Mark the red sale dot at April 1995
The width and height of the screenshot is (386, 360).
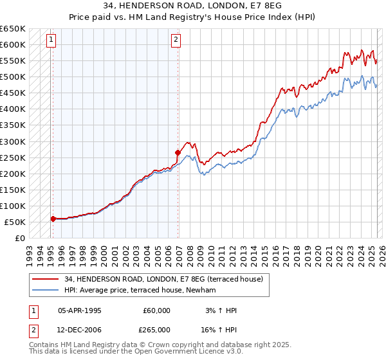click(x=53, y=219)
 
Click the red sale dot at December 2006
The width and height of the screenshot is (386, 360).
click(x=178, y=152)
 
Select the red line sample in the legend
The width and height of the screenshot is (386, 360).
click(x=46, y=280)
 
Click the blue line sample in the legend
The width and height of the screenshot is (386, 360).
click(x=46, y=291)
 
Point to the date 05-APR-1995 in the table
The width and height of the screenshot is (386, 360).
click(x=80, y=310)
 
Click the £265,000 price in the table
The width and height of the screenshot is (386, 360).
click(x=157, y=330)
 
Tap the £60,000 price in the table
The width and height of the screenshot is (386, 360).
click(x=157, y=310)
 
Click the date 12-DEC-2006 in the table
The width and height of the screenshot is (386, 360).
click(x=80, y=330)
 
